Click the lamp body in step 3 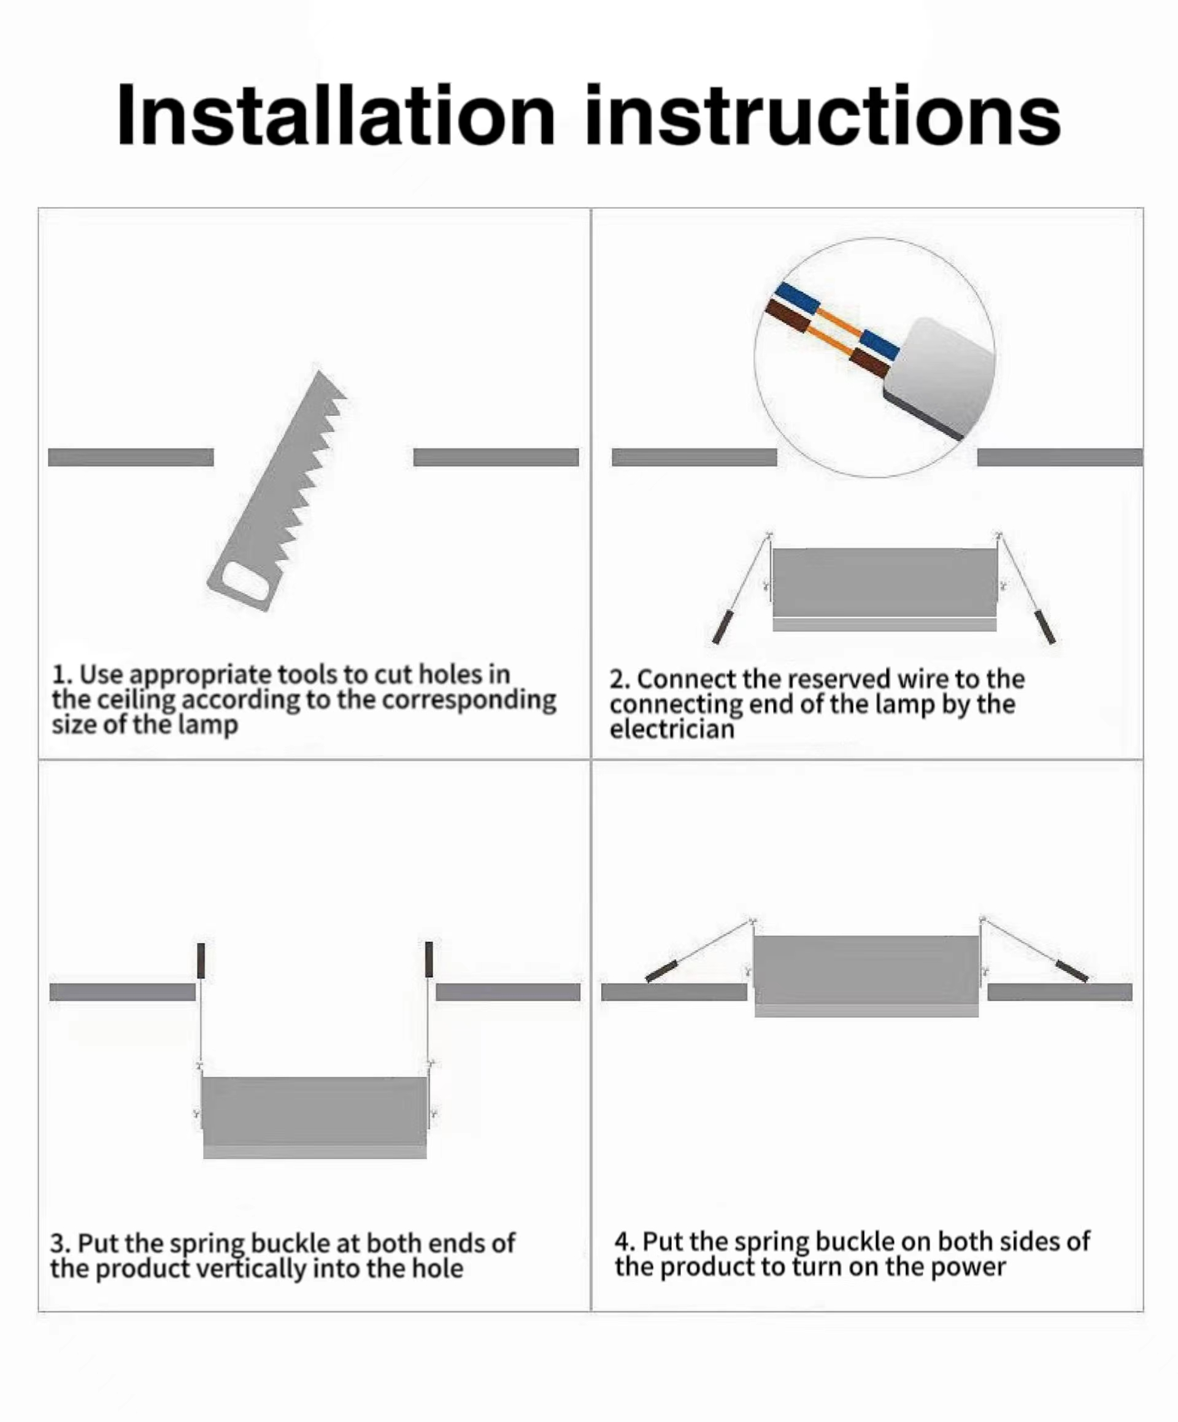(315, 1117)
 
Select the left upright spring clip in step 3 (201, 960)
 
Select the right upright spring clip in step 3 (429, 959)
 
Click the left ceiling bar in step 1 (131, 457)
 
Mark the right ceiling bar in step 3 (508, 992)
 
